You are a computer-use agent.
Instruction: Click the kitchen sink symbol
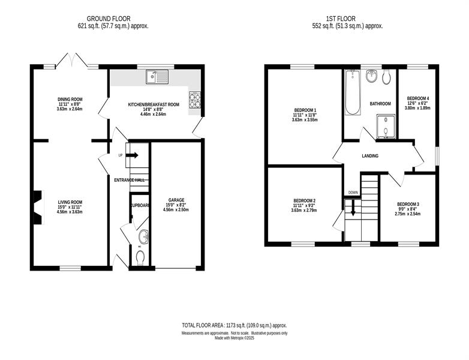157,77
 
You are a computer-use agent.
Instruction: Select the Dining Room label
70,100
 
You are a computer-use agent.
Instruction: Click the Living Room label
70,202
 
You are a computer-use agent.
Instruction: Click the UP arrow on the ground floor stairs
132,155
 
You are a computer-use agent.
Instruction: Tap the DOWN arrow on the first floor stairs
353,208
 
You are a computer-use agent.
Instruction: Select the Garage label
176,200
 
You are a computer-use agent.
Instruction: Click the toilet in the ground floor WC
140,258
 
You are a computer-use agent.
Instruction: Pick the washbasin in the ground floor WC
143,237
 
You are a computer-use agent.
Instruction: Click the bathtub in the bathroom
353,92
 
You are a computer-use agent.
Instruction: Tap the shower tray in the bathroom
386,127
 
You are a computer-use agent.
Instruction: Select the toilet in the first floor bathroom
386,77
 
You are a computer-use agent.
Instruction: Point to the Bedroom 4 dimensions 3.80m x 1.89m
418,109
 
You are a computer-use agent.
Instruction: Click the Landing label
370,156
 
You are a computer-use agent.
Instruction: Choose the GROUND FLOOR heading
109,19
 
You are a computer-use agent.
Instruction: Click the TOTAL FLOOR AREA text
203,325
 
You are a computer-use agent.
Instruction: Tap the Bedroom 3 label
408,205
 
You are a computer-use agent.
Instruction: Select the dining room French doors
71,60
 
